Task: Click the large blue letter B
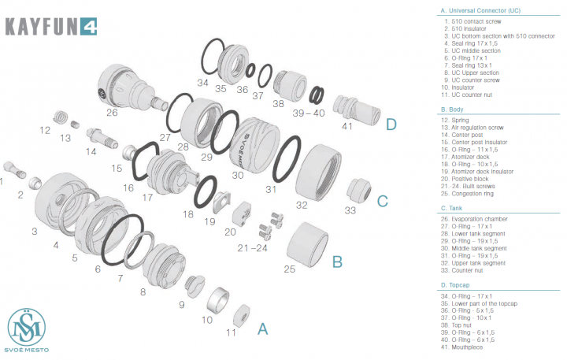[x=336, y=261]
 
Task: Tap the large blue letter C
[x=383, y=200]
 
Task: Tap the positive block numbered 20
[x=241, y=213]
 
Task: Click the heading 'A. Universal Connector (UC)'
[x=480, y=10]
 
